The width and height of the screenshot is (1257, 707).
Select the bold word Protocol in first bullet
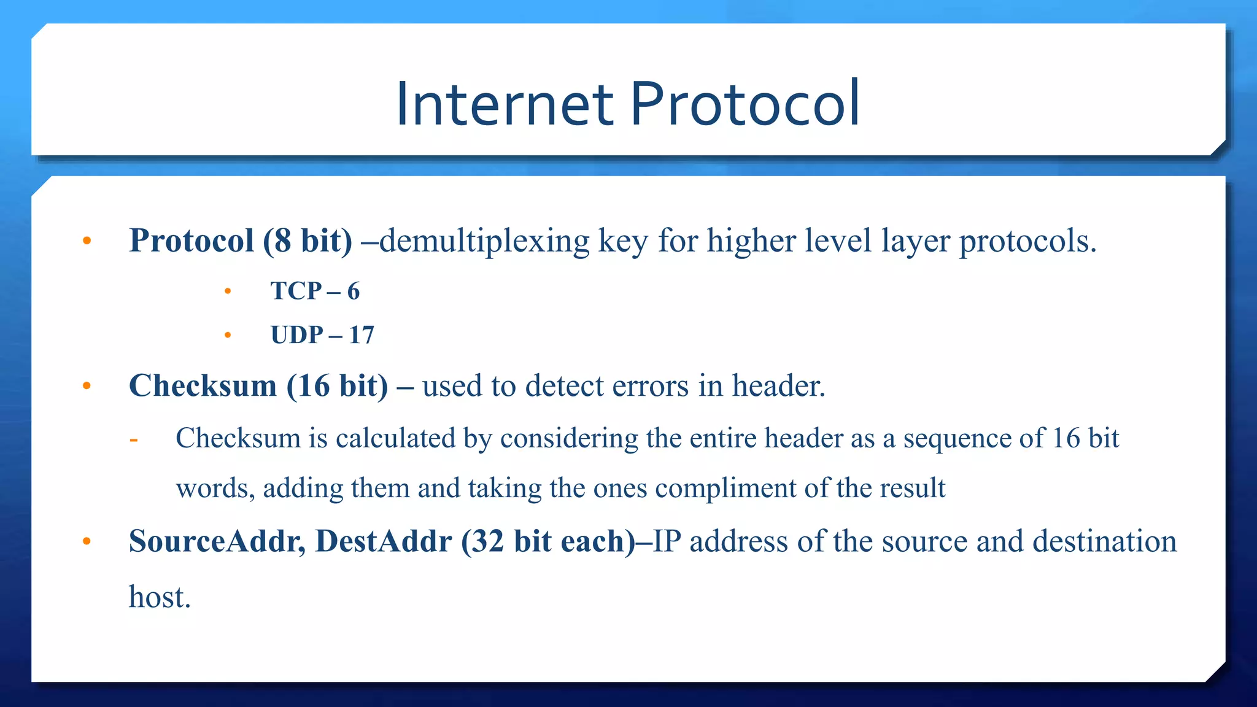(191, 240)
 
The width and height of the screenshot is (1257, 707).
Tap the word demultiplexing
(484, 241)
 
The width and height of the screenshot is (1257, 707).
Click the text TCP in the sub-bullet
(296, 291)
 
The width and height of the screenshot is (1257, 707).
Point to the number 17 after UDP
(362, 335)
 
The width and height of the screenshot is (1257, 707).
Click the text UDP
(297, 335)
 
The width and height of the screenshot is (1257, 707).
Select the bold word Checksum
(203, 386)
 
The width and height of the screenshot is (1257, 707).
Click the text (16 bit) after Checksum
(338, 386)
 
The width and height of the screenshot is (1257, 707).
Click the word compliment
(725, 489)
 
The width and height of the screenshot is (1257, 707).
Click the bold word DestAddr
(384, 541)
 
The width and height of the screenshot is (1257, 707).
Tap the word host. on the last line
(160, 597)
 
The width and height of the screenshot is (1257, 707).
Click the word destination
(1104, 541)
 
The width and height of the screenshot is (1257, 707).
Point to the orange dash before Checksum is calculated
(134, 439)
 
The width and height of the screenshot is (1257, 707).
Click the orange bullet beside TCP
(228, 292)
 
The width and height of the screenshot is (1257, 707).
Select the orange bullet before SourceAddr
(87, 541)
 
